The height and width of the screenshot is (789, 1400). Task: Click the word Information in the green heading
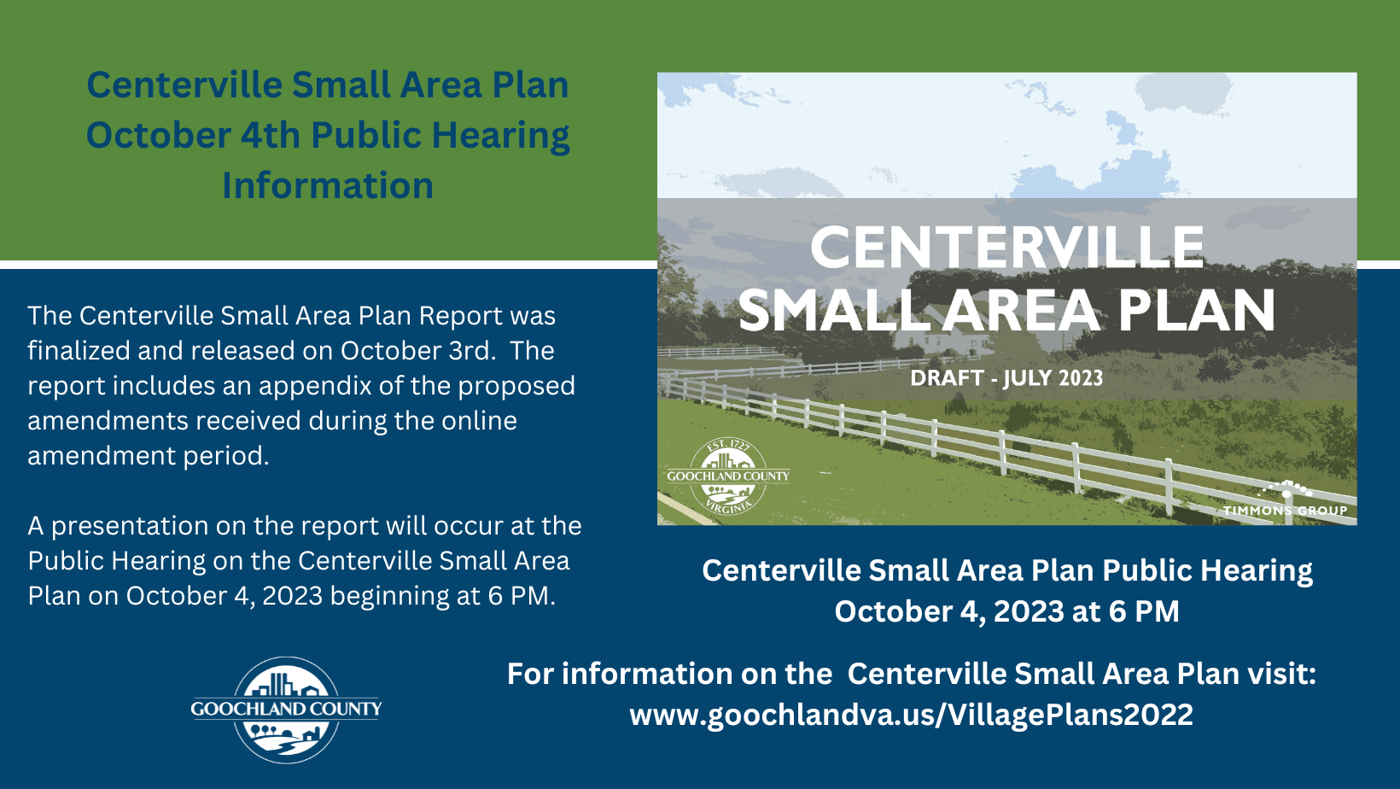(x=328, y=185)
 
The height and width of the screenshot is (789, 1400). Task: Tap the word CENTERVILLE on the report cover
(x=1006, y=248)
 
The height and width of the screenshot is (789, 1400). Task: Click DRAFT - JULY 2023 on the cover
(x=1006, y=378)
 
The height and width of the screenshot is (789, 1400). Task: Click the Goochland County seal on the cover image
(x=728, y=476)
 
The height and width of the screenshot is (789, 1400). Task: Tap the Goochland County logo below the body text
(x=287, y=710)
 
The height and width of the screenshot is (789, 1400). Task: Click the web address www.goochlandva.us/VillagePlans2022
(x=911, y=715)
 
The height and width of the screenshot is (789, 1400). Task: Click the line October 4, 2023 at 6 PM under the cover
(x=1006, y=611)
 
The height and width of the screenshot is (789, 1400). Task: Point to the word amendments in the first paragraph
(x=108, y=421)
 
